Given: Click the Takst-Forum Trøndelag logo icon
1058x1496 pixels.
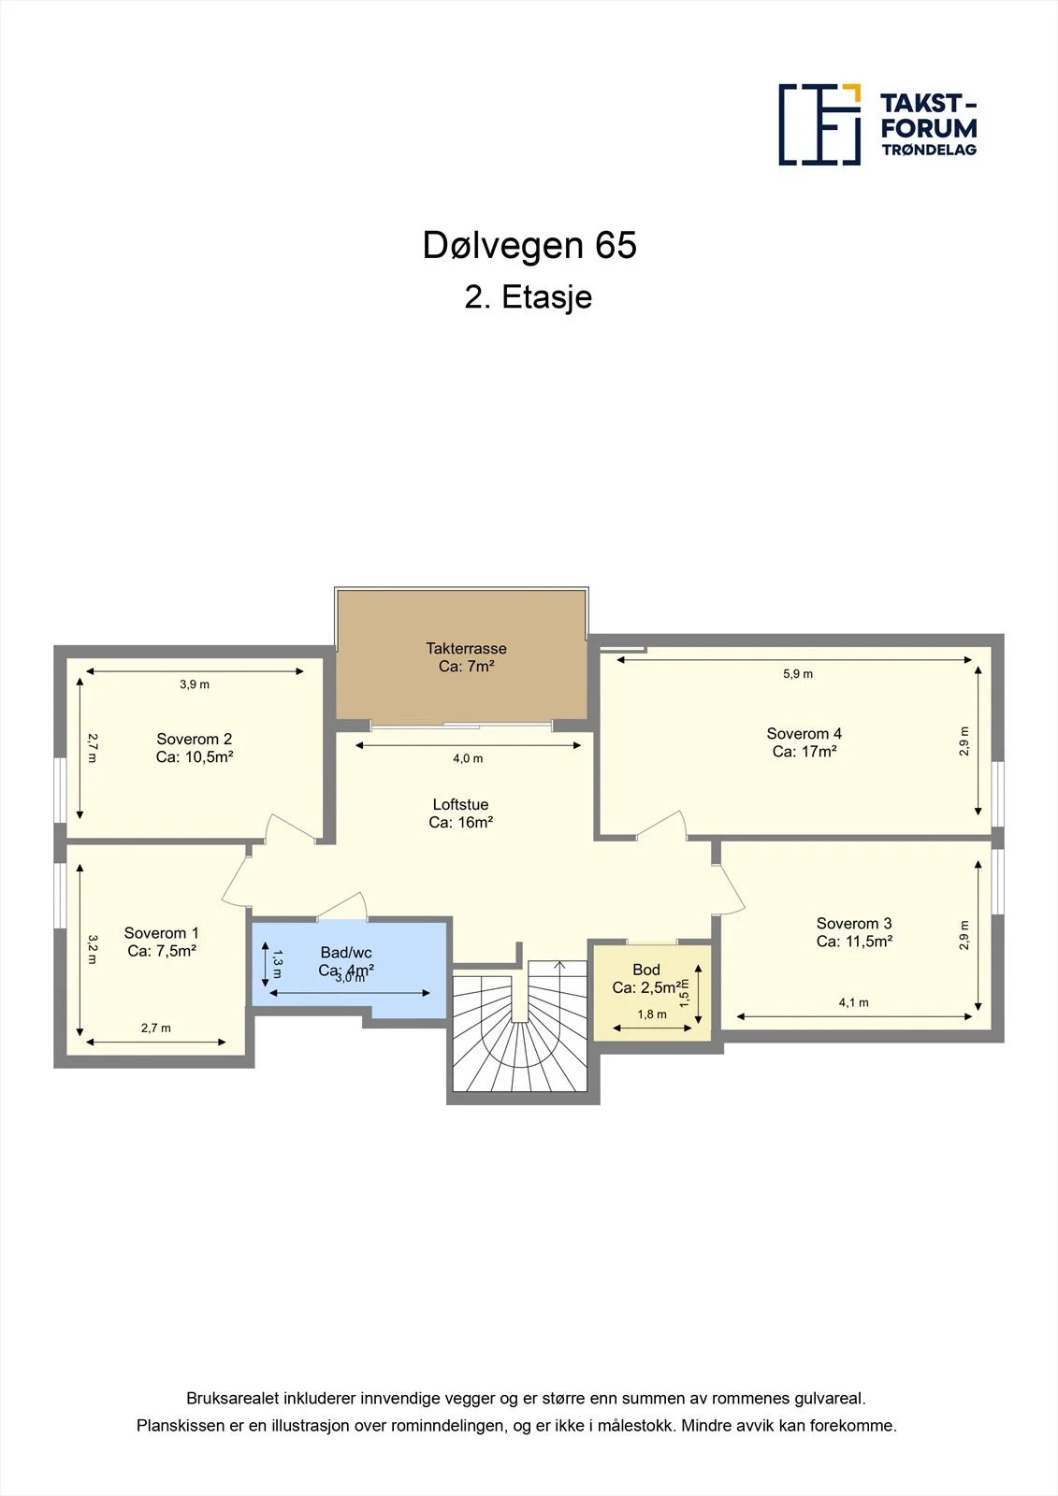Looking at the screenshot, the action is tap(819, 124).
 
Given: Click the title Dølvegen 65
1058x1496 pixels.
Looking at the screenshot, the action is tap(529, 245).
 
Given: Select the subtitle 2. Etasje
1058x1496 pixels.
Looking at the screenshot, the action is tap(528, 297).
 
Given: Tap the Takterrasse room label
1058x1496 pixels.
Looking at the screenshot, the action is tap(467, 657).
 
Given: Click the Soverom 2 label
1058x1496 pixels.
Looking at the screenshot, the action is tap(195, 748).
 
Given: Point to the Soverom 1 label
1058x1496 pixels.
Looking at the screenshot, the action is tap(162, 942).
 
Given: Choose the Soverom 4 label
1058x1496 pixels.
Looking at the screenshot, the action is tap(804, 742).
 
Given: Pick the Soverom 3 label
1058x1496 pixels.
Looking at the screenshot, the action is tap(854, 932).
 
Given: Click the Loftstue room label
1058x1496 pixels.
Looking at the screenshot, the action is tap(460, 813).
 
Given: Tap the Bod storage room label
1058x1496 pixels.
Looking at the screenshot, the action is tap(646, 978).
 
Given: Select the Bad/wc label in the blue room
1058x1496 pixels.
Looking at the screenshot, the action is tap(346, 953).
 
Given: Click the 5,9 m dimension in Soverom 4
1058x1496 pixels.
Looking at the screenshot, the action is tap(798, 674).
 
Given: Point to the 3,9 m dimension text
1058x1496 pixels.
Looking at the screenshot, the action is tap(195, 684).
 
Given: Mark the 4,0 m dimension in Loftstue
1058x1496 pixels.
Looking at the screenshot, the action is tap(468, 758).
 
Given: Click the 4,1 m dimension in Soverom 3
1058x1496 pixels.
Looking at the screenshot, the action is tap(854, 1002).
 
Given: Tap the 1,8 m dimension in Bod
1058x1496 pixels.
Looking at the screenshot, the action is tap(652, 1014).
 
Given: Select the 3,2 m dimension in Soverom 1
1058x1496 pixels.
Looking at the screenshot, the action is tap(93, 949).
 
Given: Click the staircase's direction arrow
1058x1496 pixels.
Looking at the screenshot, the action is tap(559, 964).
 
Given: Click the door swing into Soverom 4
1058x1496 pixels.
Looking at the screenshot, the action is tap(661, 824).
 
